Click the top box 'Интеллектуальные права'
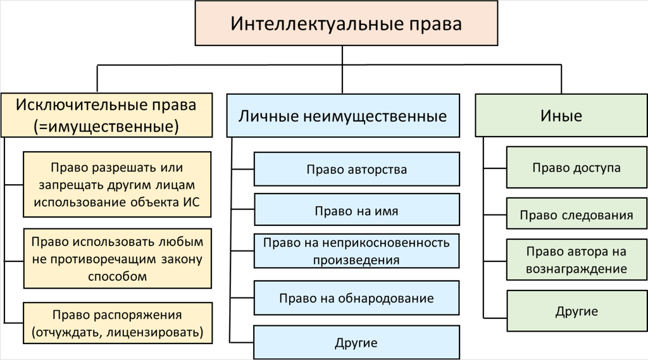click(x=346, y=24)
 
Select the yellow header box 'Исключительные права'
click(x=106, y=115)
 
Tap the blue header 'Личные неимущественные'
click(x=342, y=116)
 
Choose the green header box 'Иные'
click(x=561, y=116)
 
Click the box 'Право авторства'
click(x=356, y=170)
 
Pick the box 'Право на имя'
click(x=356, y=210)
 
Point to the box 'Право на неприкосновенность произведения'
click(x=356, y=251)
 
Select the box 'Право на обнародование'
click(x=356, y=297)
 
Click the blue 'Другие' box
click(x=356, y=343)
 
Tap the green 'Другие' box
click(x=576, y=311)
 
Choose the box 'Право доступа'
click(x=576, y=168)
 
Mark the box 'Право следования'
click(x=576, y=214)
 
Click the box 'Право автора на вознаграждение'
click(x=576, y=259)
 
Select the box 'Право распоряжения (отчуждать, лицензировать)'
click(x=118, y=323)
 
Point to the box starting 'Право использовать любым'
click(x=118, y=259)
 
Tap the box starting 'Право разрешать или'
click(x=118, y=185)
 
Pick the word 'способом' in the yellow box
click(x=118, y=276)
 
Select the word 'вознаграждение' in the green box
click(x=576, y=269)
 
